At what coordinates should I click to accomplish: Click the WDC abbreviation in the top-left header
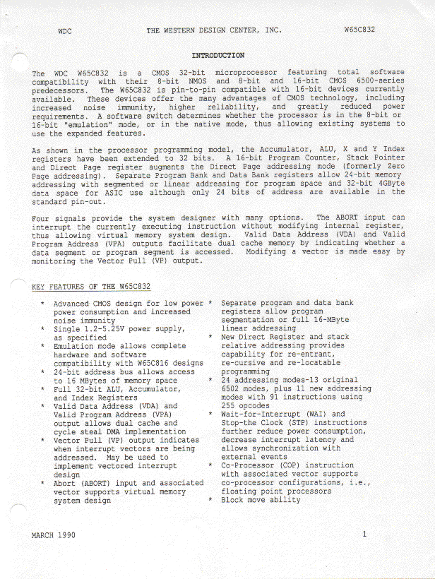point(64,31)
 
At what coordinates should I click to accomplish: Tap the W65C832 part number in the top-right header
point(359,31)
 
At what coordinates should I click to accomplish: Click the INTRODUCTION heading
point(218,55)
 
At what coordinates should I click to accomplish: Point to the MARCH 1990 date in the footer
point(53,535)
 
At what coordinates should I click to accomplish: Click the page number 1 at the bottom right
point(364,535)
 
